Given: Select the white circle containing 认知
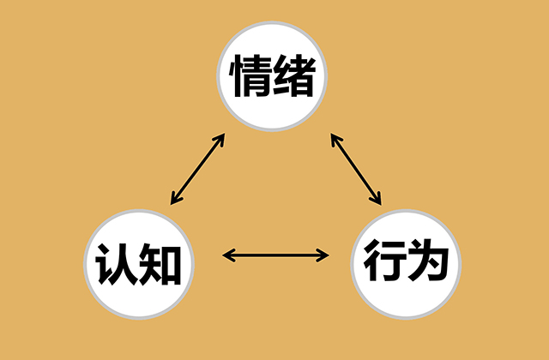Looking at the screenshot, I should pos(138,259).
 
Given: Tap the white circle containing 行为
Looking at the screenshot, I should pos(407,259).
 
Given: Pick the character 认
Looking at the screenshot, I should pos(117,260).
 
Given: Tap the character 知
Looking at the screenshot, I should pos(160,260).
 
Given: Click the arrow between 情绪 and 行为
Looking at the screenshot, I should pos(356,168).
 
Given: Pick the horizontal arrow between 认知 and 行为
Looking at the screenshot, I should pos(275,254).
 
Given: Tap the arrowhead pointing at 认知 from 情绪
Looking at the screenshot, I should pos(175,200).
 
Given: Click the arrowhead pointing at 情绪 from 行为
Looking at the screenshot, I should pos(334,137).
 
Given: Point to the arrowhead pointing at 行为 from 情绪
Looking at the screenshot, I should pos(378,201).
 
